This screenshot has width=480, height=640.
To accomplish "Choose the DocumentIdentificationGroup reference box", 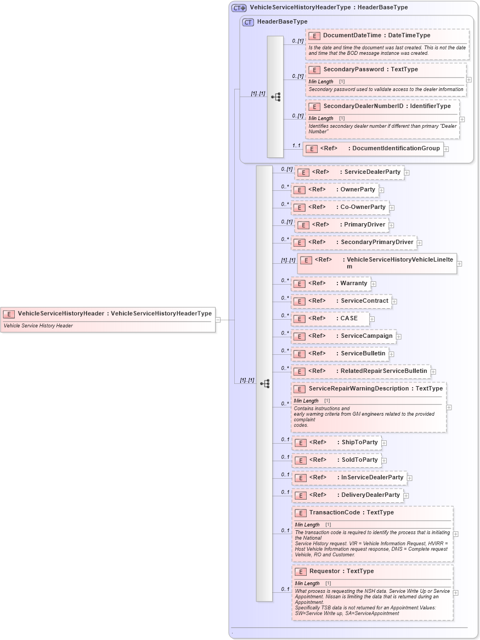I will [373, 149].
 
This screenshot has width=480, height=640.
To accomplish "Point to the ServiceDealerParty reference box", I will [349, 172].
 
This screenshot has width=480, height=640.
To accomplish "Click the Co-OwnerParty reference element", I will [340, 207].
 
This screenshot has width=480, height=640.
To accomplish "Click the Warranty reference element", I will [331, 284].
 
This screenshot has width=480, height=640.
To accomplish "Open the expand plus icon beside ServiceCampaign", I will [399, 336].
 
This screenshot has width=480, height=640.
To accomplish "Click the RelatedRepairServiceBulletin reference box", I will [360, 371].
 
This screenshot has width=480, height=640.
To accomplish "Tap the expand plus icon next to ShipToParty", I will [384, 443].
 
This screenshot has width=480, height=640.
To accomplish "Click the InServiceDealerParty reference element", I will [349, 478].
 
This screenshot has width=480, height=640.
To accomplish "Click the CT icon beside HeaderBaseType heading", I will [248, 22].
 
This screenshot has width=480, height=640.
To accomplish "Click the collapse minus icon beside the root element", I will [218, 319].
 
